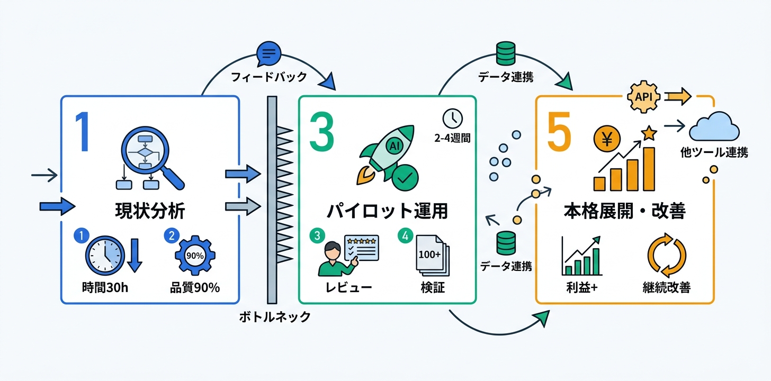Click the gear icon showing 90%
point(195,255)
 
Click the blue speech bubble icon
point(268,54)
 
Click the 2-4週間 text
point(452,139)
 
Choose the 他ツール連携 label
point(714,153)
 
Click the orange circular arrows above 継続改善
point(667,255)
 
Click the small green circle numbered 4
point(405,237)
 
